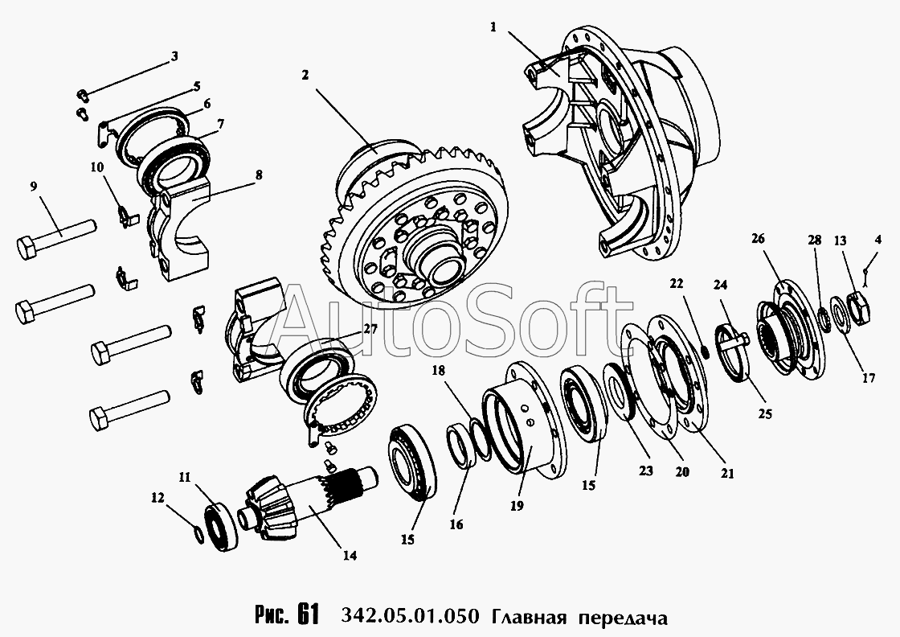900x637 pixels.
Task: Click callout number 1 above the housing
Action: [x=493, y=27]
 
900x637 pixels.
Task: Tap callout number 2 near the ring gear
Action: [x=305, y=75]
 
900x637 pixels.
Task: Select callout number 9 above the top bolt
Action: [x=33, y=186]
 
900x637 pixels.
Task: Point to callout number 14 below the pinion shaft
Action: [x=350, y=556]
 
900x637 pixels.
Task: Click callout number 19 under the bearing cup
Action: [x=517, y=506]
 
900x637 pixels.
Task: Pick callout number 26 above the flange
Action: [x=759, y=238]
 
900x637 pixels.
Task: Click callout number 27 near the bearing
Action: [x=370, y=329]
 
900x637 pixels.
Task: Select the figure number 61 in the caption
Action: [x=308, y=615]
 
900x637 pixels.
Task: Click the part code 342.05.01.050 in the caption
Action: [x=409, y=617]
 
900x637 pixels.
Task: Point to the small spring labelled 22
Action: [x=707, y=350]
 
